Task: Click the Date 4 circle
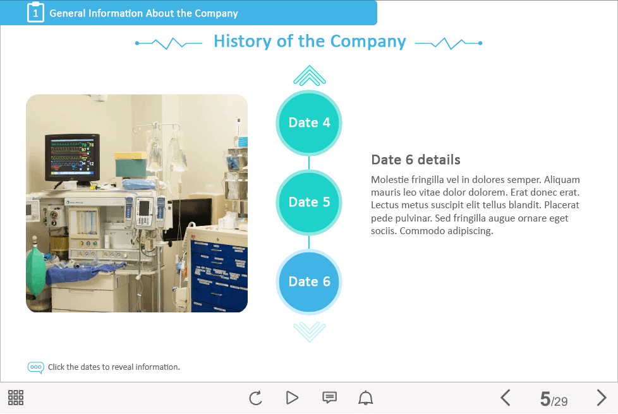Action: (309, 123)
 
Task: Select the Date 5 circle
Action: (309, 203)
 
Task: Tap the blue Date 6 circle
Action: (309, 281)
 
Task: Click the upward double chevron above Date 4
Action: (310, 75)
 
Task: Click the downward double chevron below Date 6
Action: (310, 332)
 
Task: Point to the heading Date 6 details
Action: (416, 160)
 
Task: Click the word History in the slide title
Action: (243, 41)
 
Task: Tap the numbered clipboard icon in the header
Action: (35, 12)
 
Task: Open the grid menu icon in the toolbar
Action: (16, 398)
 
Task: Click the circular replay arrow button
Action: (255, 398)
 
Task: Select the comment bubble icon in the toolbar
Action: (329, 398)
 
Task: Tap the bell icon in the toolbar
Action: (365, 398)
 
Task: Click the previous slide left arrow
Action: (506, 398)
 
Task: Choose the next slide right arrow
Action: (602, 398)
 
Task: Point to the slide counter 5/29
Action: (554, 399)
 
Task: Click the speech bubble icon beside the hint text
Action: (35, 367)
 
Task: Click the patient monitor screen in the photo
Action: (71, 157)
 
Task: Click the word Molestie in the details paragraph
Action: (390, 180)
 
